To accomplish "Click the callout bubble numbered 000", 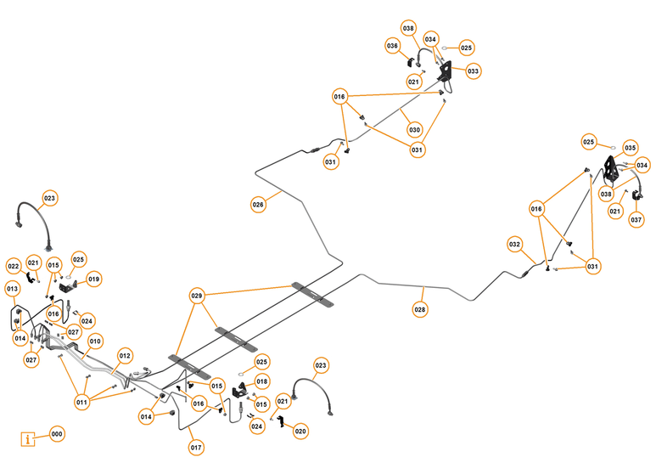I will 57,434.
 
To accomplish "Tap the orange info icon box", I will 30,439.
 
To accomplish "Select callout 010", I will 95,341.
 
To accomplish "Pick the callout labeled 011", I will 82,402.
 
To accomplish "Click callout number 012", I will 125,355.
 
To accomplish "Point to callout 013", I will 13,290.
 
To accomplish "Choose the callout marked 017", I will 196,448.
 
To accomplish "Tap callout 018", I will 262,381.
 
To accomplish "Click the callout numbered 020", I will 300,432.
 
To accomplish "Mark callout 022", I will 14,266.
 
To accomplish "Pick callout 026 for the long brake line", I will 258,205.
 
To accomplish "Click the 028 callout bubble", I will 421,310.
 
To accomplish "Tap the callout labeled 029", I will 197,296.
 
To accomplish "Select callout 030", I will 414,130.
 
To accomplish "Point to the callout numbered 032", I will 515,244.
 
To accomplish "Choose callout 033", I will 473,71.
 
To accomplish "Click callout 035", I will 630,147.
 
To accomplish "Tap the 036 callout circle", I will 393,45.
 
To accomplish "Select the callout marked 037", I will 636,220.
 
